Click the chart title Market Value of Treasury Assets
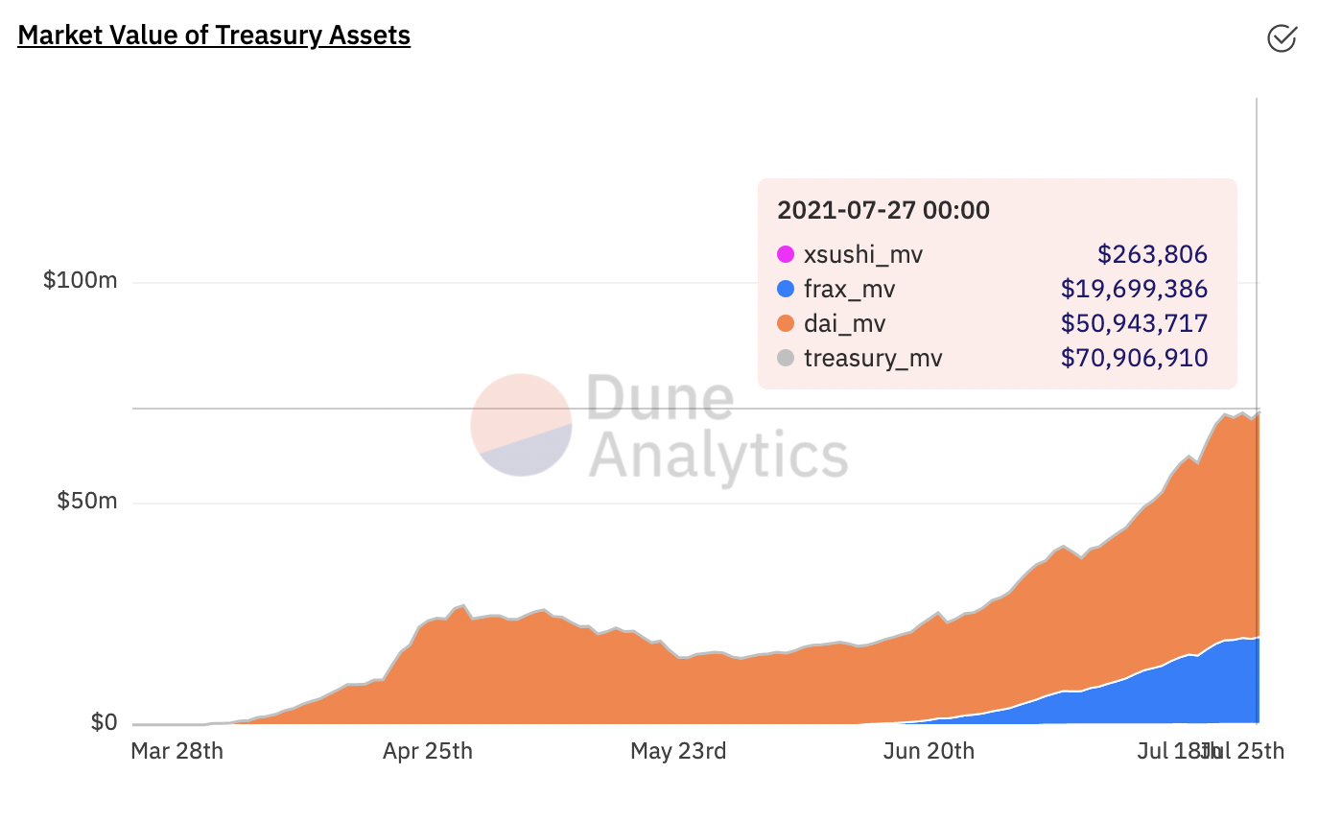pyautogui.click(x=214, y=35)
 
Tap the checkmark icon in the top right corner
pyautogui.click(x=1282, y=37)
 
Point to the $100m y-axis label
pyautogui.click(x=81, y=281)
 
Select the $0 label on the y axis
pyautogui.click(x=104, y=722)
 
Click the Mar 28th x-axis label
pyautogui.click(x=177, y=751)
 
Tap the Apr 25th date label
pyautogui.click(x=428, y=751)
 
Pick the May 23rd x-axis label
pyautogui.click(x=678, y=751)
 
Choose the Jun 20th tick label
pyautogui.click(x=929, y=751)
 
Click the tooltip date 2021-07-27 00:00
pyautogui.click(x=883, y=210)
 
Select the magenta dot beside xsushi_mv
pyautogui.click(x=786, y=255)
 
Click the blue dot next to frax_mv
pyautogui.click(x=786, y=290)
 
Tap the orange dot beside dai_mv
pyautogui.click(x=786, y=324)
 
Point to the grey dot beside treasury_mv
pyautogui.click(x=786, y=359)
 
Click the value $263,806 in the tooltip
pyautogui.click(x=1152, y=255)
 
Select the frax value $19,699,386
pyautogui.click(x=1134, y=290)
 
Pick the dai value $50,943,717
pyautogui.click(x=1134, y=324)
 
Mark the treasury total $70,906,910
pyautogui.click(x=1134, y=359)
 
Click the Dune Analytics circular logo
pyautogui.click(x=521, y=425)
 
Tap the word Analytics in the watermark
pyautogui.click(x=718, y=456)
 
